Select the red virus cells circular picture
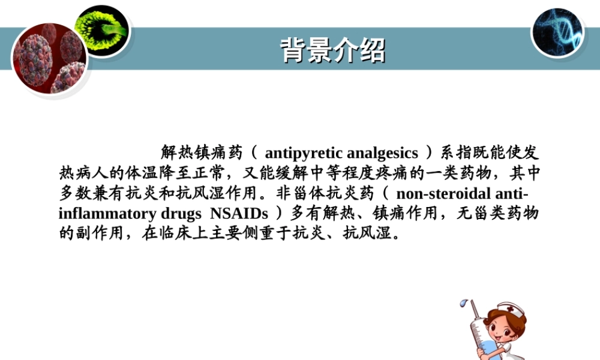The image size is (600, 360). tap(49, 59)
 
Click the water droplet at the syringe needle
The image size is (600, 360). tap(463, 305)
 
